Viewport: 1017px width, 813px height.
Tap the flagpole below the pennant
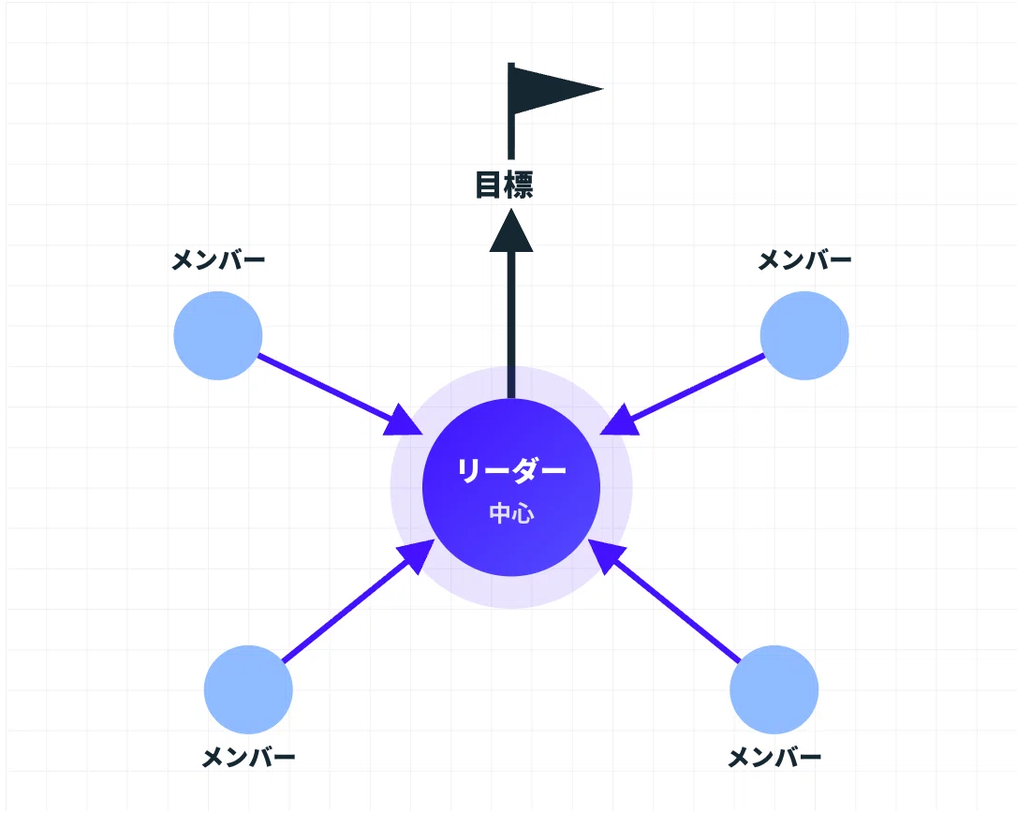pos(511,137)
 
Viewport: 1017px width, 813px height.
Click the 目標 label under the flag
pos(504,185)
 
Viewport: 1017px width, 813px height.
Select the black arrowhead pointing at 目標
pos(511,230)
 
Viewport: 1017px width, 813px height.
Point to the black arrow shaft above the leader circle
pos(511,325)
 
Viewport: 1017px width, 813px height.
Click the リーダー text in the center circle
pos(511,470)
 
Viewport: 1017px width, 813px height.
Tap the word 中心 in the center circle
pos(511,513)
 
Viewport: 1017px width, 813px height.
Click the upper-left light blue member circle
pos(218,335)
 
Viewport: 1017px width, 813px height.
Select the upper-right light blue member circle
pos(804,335)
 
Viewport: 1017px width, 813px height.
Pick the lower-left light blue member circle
pos(248,689)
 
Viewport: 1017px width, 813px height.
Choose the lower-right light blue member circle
pos(774,689)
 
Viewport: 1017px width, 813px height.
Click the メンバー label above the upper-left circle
pos(218,260)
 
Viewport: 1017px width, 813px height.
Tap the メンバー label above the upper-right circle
pos(804,260)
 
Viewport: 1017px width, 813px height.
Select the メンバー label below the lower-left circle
pos(248,757)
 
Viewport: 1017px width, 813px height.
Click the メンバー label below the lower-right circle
pos(774,757)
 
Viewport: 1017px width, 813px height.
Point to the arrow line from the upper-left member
pos(341,393)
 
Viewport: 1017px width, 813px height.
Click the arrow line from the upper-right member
pos(683,393)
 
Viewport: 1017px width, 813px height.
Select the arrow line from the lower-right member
pos(664,600)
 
